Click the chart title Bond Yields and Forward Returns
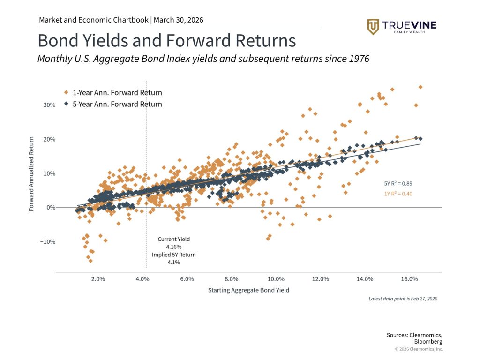[x=166, y=41]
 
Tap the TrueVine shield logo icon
[x=373, y=26]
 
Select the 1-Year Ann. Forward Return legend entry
[x=117, y=93]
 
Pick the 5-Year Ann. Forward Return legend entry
[x=117, y=104]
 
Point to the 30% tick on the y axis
[x=49, y=105]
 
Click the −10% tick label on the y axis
[x=48, y=242]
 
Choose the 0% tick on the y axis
[x=51, y=208]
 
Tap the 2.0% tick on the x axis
[x=97, y=279]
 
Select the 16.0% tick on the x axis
[x=409, y=279]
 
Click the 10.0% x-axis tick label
[x=276, y=279]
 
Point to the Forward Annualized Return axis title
[x=31, y=174]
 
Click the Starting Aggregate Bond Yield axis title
[x=248, y=290]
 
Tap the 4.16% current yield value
[x=173, y=247]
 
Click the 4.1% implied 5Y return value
[x=173, y=262]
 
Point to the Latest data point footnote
[x=403, y=299]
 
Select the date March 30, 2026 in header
[x=178, y=20]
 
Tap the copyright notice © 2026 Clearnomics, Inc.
[x=419, y=349]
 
